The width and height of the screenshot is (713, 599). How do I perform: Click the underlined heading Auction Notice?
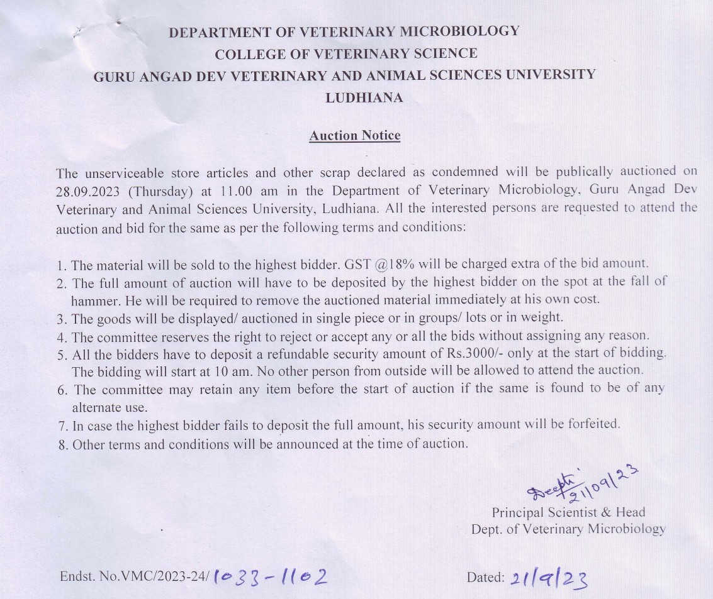click(354, 136)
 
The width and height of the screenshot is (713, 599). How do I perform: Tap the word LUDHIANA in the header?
click(364, 98)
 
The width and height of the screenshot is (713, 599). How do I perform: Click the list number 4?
click(62, 337)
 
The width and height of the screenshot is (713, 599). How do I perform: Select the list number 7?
click(62, 426)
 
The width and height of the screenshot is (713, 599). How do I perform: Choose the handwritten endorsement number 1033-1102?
click(271, 577)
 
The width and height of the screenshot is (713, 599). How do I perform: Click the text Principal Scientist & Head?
click(568, 512)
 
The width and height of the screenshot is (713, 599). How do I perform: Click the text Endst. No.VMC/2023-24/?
click(134, 576)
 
